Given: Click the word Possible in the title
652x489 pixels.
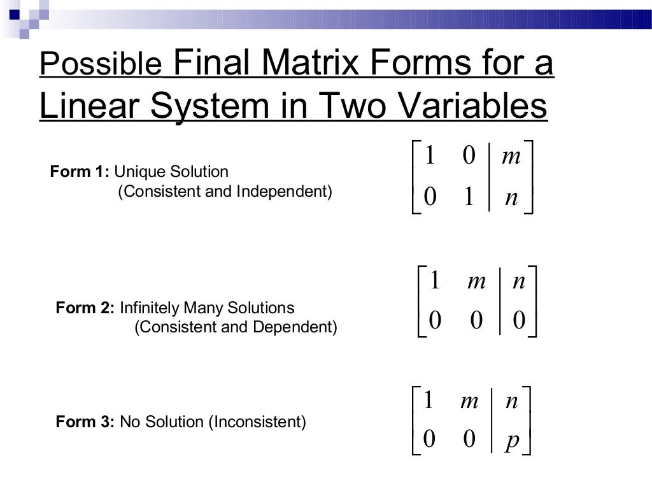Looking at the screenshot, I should [x=100, y=64].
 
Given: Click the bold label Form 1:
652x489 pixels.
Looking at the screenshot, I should [x=80, y=171].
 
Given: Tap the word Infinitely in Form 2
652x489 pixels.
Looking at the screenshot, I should [x=150, y=308].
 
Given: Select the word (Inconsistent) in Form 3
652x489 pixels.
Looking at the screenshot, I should [x=258, y=422].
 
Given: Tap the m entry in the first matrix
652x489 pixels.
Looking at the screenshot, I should [x=511, y=157].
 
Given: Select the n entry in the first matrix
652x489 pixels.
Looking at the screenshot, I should [x=511, y=197].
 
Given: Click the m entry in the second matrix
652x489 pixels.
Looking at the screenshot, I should [x=476, y=281].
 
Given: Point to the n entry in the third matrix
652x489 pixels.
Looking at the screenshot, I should [x=511, y=401].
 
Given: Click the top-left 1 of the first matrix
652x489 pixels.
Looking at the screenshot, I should [x=429, y=156].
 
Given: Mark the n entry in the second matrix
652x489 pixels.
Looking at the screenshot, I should [x=519, y=281].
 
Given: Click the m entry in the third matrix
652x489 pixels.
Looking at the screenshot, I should [x=469, y=401].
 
